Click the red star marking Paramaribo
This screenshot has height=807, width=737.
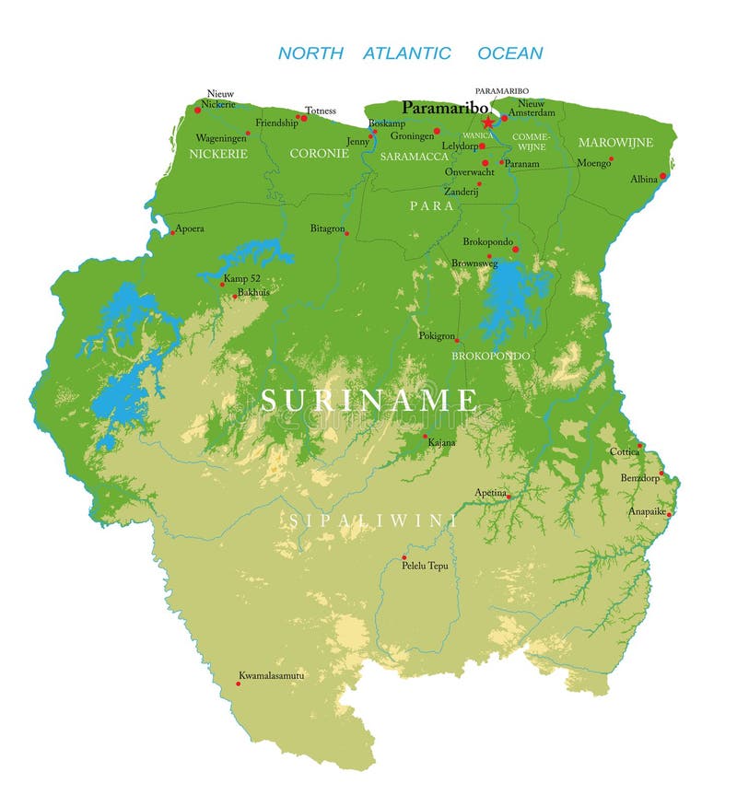coord(487,123)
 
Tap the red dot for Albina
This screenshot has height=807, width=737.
coord(662,176)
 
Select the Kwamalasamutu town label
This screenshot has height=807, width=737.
coord(271,675)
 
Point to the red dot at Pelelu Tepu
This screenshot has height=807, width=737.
coord(404,557)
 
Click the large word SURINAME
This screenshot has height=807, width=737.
coord(369,400)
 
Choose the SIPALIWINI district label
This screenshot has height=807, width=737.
coord(372,520)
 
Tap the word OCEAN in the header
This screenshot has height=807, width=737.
coord(509,53)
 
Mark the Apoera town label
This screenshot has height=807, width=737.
coord(190,228)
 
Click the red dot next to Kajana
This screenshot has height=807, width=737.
coord(425,436)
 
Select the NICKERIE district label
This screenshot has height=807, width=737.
coord(218,154)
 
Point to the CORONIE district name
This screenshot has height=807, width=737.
coord(319,154)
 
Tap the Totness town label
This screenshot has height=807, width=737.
coord(321,111)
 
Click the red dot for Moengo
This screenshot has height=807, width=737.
coord(611,158)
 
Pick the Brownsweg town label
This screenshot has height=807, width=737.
coord(474,263)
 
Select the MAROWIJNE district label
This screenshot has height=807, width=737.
coord(615,143)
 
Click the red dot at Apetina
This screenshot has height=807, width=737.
coord(508,497)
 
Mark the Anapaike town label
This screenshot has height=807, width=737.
coord(647,511)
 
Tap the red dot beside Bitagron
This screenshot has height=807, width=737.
coord(347,233)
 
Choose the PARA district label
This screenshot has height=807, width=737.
coord(432,206)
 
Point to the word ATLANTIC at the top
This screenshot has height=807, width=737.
coord(406,53)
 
